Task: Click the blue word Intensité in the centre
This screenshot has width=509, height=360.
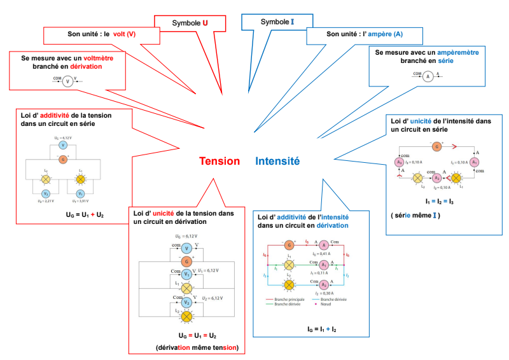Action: point(277,162)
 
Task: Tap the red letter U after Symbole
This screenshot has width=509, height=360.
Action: point(205,23)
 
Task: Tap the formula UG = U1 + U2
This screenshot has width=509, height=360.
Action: point(85,216)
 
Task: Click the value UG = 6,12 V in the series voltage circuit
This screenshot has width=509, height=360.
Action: point(62,137)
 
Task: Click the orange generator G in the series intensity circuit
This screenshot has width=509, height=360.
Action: point(436,146)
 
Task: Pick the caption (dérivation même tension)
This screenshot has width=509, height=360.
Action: point(197,347)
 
